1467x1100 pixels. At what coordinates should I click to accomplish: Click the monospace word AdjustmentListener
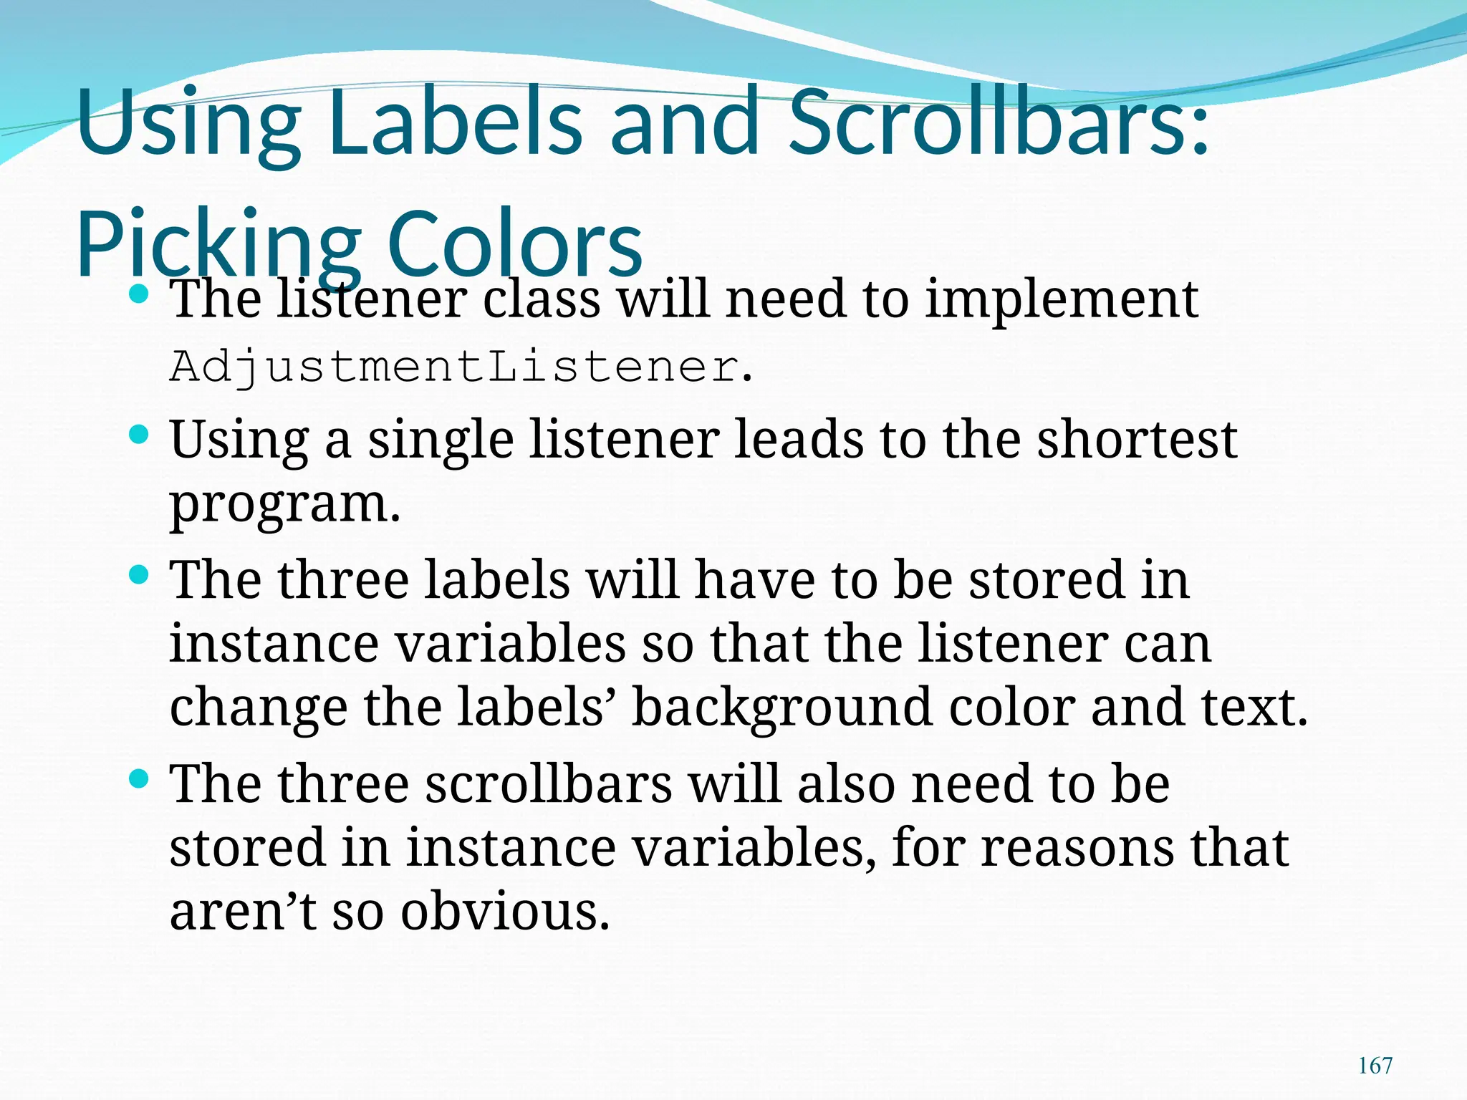[454, 367]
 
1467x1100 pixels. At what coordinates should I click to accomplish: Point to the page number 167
[1375, 1065]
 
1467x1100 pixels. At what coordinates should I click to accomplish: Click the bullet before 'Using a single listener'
[139, 435]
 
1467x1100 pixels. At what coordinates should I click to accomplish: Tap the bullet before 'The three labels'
[139, 574]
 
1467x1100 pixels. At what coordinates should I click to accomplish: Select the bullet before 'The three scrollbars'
[139, 778]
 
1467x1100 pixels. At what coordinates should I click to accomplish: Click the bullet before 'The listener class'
[139, 294]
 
